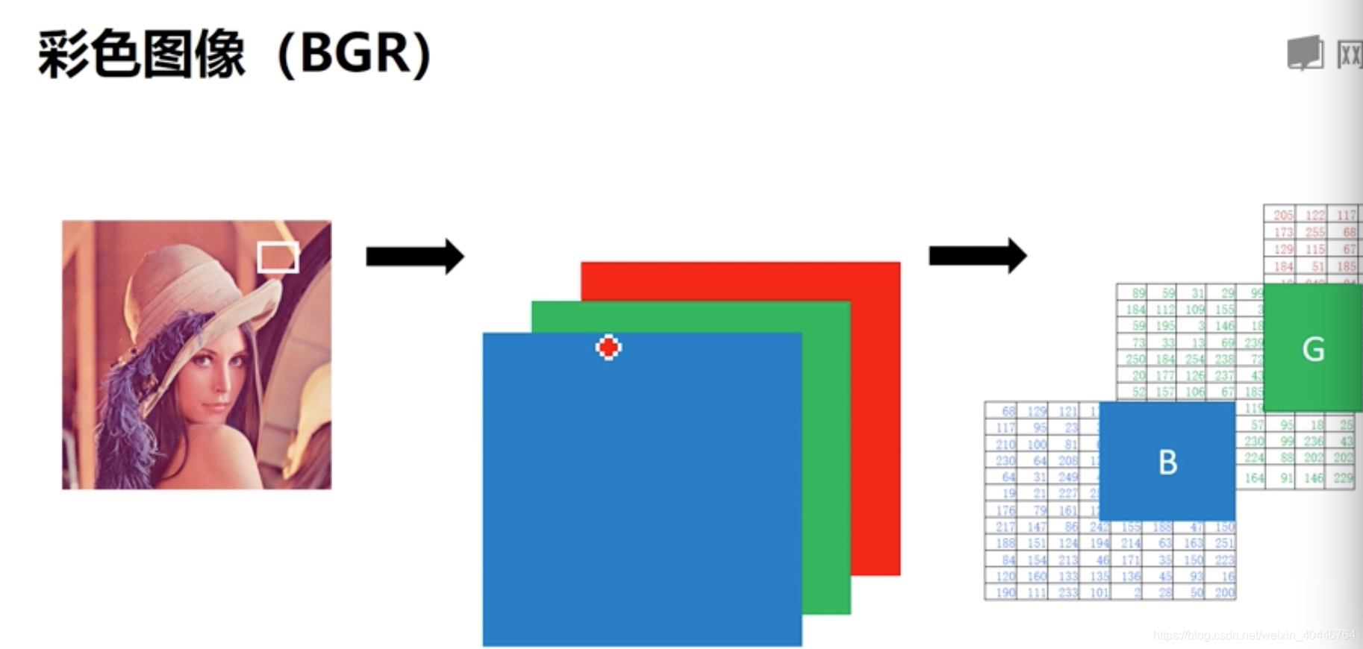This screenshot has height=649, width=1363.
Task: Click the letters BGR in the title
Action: [x=355, y=54]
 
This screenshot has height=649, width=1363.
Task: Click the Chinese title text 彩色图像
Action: [x=142, y=54]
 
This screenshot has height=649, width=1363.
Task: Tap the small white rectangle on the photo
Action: [x=278, y=257]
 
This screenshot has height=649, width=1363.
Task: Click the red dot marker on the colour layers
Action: [x=608, y=347]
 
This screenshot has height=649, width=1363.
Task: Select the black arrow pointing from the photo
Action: [x=414, y=257]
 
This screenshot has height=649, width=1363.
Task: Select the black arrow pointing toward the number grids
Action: [x=977, y=256]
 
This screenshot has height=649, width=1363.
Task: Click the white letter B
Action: [x=1167, y=463]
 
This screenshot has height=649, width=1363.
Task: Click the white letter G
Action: [x=1313, y=349]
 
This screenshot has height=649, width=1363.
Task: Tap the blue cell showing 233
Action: [x=1067, y=592]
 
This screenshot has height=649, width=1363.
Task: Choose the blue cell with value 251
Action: [x=1223, y=543]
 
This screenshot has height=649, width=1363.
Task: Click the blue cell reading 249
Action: [x=1067, y=477]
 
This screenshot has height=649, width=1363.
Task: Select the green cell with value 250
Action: [x=1135, y=359]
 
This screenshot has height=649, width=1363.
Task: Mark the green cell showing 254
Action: [x=1194, y=359]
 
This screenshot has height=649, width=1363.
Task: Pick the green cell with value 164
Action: [x=1254, y=478]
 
